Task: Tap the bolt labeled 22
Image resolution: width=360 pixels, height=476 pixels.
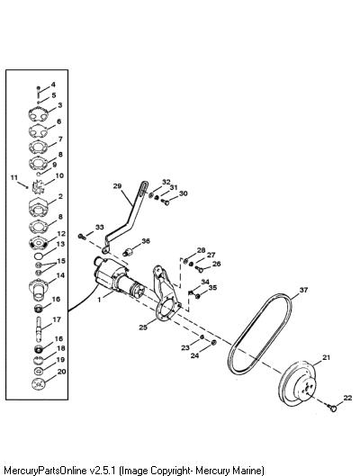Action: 332,408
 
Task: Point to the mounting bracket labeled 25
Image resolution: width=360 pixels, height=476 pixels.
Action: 164,299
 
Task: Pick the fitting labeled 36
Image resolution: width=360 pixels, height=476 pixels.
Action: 129,251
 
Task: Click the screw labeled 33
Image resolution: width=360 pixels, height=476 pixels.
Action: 82,236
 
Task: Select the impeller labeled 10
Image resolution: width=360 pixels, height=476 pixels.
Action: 38,185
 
